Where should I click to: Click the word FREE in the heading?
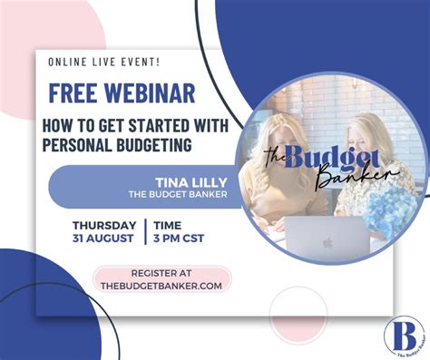point(73,93)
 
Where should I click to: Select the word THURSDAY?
point(104,225)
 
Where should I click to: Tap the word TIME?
point(168,225)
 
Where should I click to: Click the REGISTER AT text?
point(162,273)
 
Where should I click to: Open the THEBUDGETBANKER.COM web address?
point(162,286)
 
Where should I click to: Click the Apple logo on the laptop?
point(327,242)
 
